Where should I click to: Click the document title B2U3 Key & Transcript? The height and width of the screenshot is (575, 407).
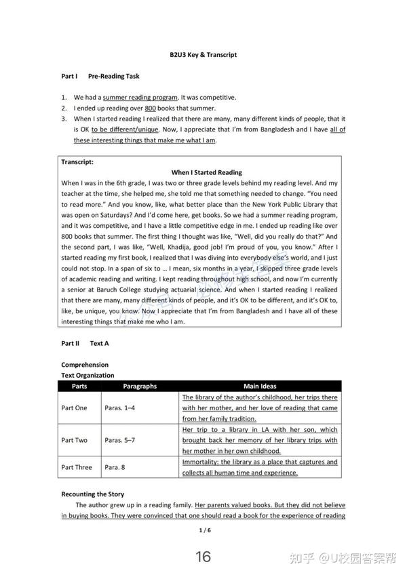tap(203, 54)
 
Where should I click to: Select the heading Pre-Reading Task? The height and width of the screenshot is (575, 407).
tap(114, 77)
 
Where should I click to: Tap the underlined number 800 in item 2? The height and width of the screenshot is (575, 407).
tap(151, 108)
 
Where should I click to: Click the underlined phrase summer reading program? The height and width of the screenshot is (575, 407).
tap(140, 97)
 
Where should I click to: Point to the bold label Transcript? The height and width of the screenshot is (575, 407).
tap(77, 162)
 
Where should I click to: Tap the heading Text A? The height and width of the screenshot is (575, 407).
tap(99, 343)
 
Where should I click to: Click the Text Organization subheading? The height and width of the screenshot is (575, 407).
tap(88, 375)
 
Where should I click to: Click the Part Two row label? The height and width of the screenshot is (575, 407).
tap(74, 440)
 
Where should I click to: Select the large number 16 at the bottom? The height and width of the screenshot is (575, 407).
tap(203, 557)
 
